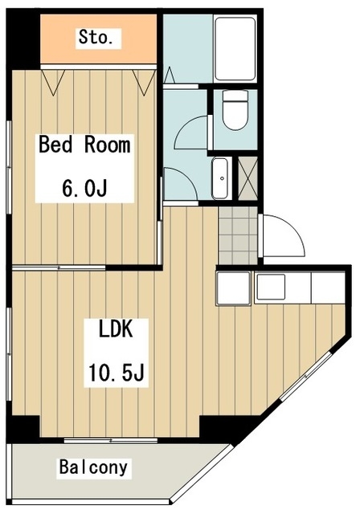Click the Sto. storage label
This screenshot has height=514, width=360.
coord(96,37)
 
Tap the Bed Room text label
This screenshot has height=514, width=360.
coord(84,145)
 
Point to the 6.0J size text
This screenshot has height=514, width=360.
coord(84,188)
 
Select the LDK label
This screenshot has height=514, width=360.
coord(116,329)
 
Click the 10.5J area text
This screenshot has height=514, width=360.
coord(117,373)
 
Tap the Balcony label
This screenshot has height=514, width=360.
coord(93,467)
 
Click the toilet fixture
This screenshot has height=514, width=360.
coord(235,110)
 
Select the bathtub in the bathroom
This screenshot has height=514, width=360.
coord(235,49)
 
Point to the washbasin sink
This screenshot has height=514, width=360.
coord(219,178)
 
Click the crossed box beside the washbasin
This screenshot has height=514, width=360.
coord(247,178)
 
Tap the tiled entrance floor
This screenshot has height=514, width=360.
coord(238,235)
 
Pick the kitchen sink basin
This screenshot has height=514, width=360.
coord(271,287)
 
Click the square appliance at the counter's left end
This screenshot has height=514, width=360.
coord(233,288)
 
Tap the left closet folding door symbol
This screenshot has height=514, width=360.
coord(52,82)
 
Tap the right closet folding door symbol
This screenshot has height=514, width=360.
coord(144,82)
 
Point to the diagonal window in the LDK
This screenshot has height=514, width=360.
coord(305,376)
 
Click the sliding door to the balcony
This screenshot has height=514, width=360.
coord(111,440)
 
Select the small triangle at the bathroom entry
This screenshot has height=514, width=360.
coord(169,75)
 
